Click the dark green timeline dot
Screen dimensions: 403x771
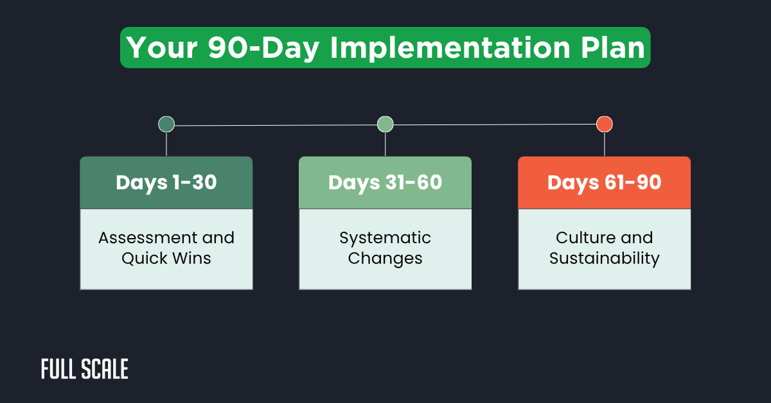coord(166,124)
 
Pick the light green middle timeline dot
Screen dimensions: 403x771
coord(385,124)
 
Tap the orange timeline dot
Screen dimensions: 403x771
coord(604,124)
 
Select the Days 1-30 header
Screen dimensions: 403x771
coord(166,183)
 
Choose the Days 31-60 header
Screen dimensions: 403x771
coord(385,183)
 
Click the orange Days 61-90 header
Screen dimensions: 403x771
coord(604,183)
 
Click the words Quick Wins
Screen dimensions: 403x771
coord(166,259)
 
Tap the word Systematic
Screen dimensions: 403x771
coord(385,238)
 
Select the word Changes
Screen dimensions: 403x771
coord(385,259)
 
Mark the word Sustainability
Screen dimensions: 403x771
coord(604,259)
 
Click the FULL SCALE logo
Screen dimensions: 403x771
coord(85,369)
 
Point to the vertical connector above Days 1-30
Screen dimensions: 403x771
coord(166,144)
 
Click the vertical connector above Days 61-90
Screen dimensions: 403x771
coord(604,144)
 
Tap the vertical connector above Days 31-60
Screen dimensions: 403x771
coord(385,144)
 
